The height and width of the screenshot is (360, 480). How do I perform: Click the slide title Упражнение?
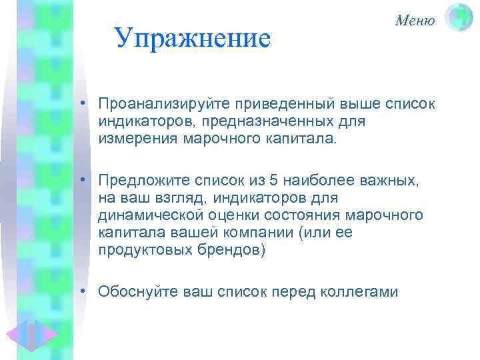tap(193, 39)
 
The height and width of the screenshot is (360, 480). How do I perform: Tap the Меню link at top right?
tap(415, 21)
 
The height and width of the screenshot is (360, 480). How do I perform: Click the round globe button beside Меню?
tap(458, 18)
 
